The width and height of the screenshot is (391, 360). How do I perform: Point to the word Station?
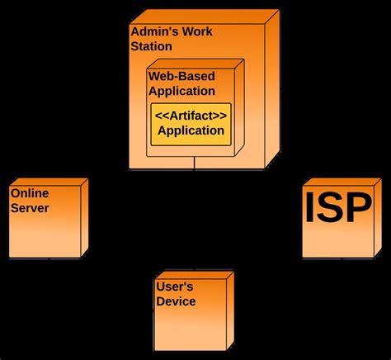click(152, 46)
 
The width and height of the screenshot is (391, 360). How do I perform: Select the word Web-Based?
click(181, 76)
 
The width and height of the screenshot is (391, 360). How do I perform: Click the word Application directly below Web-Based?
click(181, 91)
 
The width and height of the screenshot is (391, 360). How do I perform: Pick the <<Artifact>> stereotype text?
click(191, 115)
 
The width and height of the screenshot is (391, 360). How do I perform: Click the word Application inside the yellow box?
click(191, 130)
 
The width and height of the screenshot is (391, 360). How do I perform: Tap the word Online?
click(30, 193)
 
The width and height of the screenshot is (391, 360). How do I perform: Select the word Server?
click(30, 208)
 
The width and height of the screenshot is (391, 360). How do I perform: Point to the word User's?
click(175, 287)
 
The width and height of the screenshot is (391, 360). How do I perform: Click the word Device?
click(176, 301)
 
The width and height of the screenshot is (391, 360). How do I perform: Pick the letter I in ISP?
click(312, 208)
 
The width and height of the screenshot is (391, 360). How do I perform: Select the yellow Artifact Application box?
click(191, 123)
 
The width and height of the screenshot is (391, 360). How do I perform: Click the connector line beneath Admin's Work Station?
click(195, 163)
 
